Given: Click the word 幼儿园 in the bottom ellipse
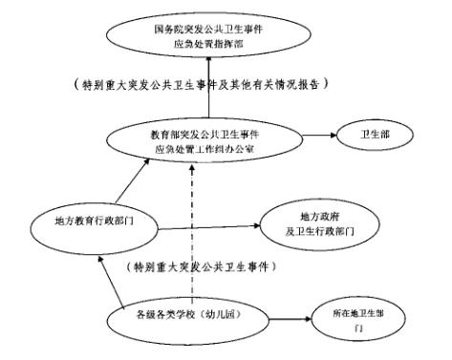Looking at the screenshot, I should click(221, 313).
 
